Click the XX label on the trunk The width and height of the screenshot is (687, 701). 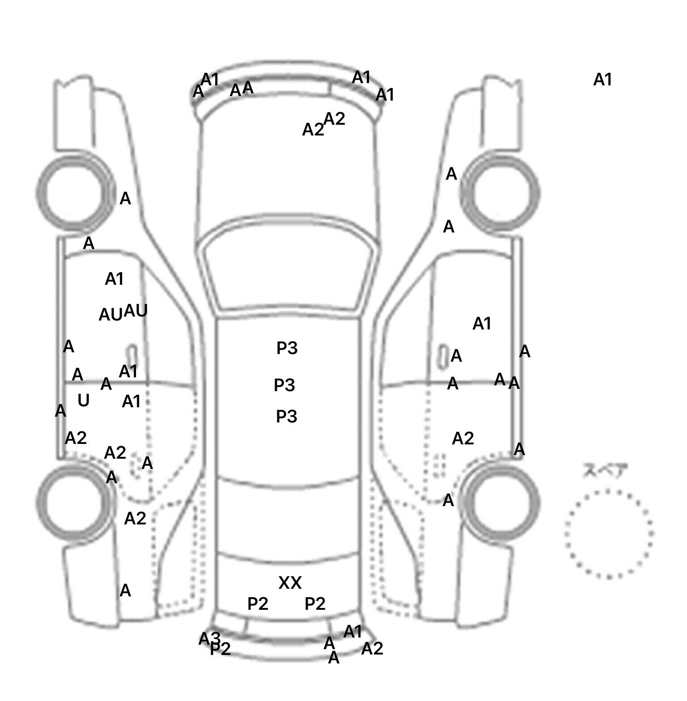[290, 583]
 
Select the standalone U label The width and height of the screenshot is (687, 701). [84, 401]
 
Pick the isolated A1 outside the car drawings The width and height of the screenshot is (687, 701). [602, 80]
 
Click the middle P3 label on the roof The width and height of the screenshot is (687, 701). [284, 385]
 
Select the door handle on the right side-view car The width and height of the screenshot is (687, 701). [442, 356]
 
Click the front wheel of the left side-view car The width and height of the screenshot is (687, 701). [75, 193]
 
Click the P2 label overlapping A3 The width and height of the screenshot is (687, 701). [221, 649]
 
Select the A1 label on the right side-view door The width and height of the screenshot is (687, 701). [482, 323]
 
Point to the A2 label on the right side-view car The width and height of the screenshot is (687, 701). [462, 439]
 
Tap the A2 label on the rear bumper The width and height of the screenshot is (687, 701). [372, 648]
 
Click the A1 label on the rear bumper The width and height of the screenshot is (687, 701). [353, 632]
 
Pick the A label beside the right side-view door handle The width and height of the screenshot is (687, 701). [456, 356]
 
